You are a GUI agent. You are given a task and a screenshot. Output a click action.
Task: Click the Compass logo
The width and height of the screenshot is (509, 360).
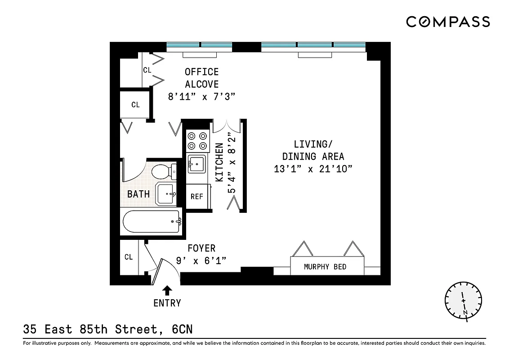(x=448, y=22)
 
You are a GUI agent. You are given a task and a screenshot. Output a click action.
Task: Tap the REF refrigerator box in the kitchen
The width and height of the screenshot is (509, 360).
(x=197, y=197)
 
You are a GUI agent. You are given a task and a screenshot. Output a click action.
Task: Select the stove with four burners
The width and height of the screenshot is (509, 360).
(x=197, y=140)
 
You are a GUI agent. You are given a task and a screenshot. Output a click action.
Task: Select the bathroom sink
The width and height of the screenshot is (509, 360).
(x=167, y=193)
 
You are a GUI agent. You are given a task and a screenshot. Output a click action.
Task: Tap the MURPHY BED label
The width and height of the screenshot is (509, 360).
(x=325, y=267)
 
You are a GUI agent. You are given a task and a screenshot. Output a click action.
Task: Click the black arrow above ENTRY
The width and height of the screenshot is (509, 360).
(x=167, y=290)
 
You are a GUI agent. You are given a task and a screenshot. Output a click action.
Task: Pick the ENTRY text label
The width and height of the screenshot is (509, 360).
(x=167, y=303)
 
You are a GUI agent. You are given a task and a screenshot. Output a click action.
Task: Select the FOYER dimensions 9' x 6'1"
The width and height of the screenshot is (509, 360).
(x=201, y=261)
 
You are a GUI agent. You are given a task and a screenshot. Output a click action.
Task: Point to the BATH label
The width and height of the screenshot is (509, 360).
(x=138, y=194)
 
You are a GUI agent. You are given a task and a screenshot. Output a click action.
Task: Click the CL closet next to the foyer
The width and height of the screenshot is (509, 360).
(x=129, y=257)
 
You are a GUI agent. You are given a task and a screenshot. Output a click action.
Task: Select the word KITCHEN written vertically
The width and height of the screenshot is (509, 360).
(x=219, y=162)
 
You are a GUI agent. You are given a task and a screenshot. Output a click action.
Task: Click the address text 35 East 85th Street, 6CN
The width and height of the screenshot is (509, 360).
(x=108, y=329)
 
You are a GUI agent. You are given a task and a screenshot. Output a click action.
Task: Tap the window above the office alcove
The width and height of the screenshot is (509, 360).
(x=200, y=45)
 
